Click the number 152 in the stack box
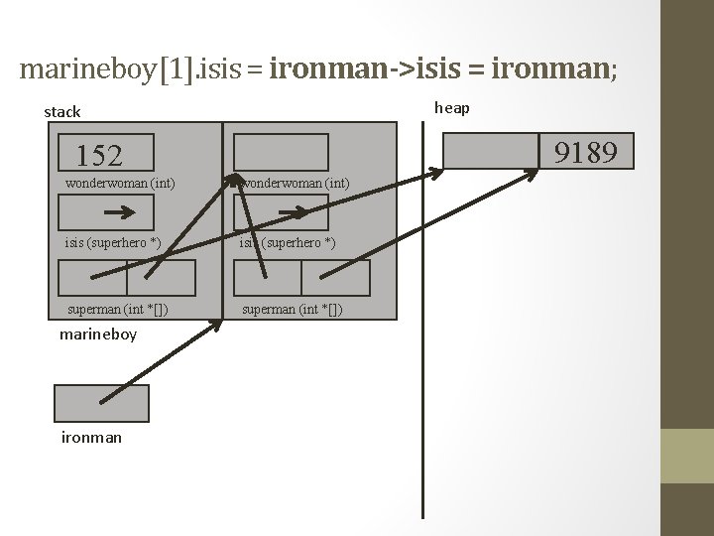[99, 155]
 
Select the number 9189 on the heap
[586, 152]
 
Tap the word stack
[62, 112]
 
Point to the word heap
[452, 107]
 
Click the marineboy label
[98, 335]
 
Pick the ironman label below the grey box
[91, 437]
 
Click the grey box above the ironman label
[101, 403]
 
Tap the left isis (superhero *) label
[112, 243]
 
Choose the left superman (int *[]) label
[117, 309]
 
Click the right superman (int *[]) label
[294, 309]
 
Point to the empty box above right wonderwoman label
[281, 152]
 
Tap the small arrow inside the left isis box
[120, 212]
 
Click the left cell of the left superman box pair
[92, 278]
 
